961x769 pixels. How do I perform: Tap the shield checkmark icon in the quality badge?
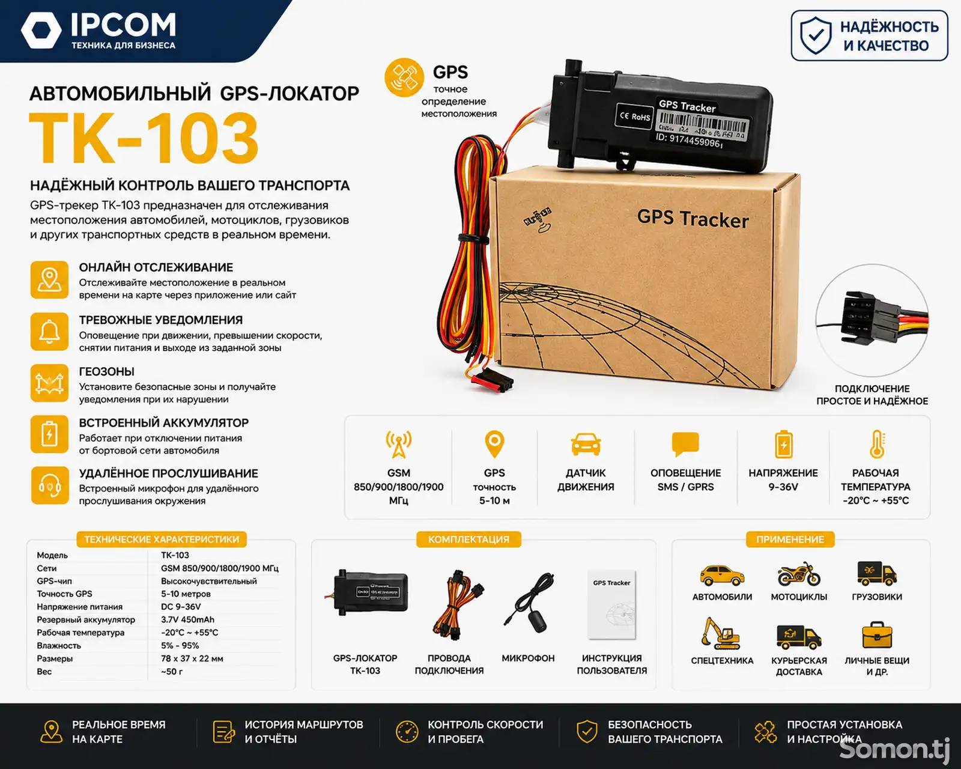816,36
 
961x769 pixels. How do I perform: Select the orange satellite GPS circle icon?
404,78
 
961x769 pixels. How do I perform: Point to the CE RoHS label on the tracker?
634,117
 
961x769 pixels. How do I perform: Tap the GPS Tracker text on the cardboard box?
693,219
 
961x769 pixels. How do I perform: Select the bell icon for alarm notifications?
49,332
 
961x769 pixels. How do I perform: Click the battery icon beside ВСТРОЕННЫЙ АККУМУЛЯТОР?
49,434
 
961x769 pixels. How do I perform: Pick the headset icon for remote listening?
50,485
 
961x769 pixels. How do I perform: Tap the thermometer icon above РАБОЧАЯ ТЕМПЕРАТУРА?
878,444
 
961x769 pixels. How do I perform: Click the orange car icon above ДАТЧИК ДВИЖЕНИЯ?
586,444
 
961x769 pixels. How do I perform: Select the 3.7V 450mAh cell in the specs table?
187,619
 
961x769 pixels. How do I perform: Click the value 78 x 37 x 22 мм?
192,658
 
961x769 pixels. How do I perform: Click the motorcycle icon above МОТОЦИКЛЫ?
799,574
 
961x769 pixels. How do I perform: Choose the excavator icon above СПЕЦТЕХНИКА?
720,634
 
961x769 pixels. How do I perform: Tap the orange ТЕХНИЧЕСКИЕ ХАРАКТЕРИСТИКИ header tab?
162,540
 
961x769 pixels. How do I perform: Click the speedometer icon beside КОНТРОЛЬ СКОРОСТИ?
407,732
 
